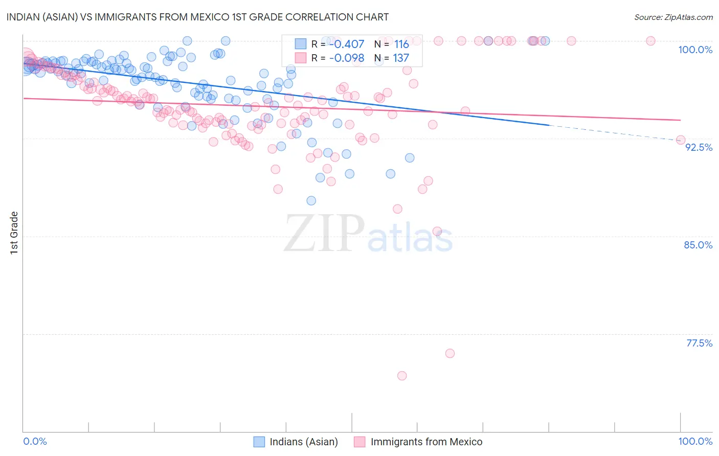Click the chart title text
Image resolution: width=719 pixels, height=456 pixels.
point(197,17)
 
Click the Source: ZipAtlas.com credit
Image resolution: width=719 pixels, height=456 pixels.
point(673,17)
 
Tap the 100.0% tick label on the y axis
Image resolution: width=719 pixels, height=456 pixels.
point(695,50)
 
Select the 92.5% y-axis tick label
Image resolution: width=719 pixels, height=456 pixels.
point(699,147)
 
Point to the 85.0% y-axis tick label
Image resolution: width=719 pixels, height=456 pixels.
point(698,245)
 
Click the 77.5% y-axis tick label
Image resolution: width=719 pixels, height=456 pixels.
point(699,343)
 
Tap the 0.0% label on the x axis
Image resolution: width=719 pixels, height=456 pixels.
point(35,441)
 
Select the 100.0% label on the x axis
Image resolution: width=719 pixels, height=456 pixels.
point(695,441)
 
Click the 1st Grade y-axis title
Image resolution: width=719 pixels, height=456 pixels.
point(14,233)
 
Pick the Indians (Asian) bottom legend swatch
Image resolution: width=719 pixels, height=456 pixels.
point(259,442)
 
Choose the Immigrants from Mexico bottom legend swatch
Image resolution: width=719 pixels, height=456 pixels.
point(360,442)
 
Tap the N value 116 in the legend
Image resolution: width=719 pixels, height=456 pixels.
point(401,44)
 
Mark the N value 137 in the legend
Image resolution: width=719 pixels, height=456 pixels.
point(401,58)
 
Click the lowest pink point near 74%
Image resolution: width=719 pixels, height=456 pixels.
point(402,376)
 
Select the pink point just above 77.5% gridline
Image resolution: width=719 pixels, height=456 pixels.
point(450,353)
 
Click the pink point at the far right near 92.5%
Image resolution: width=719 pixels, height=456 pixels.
point(681,140)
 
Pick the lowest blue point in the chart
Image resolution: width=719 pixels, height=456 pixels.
point(311,200)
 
